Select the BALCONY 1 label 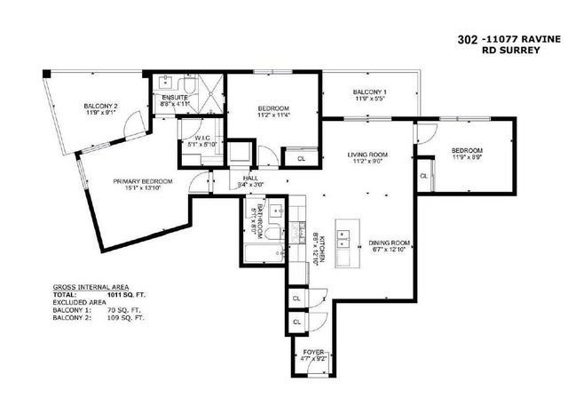(368, 92)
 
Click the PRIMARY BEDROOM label (141, 181)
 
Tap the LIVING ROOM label (367, 155)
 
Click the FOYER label (314, 354)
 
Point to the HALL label (249, 178)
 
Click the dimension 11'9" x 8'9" (465, 157)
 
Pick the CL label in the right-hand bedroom (423, 176)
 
